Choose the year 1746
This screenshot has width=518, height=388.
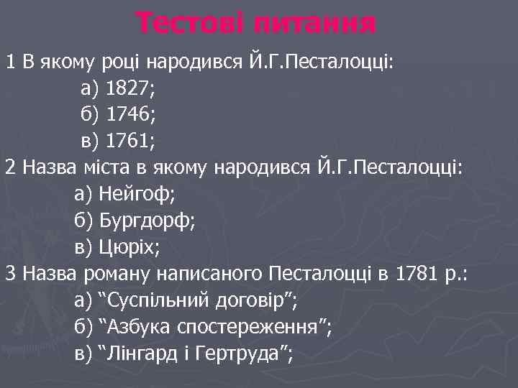[127, 115]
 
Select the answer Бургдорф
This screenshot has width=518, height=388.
[144, 221]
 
